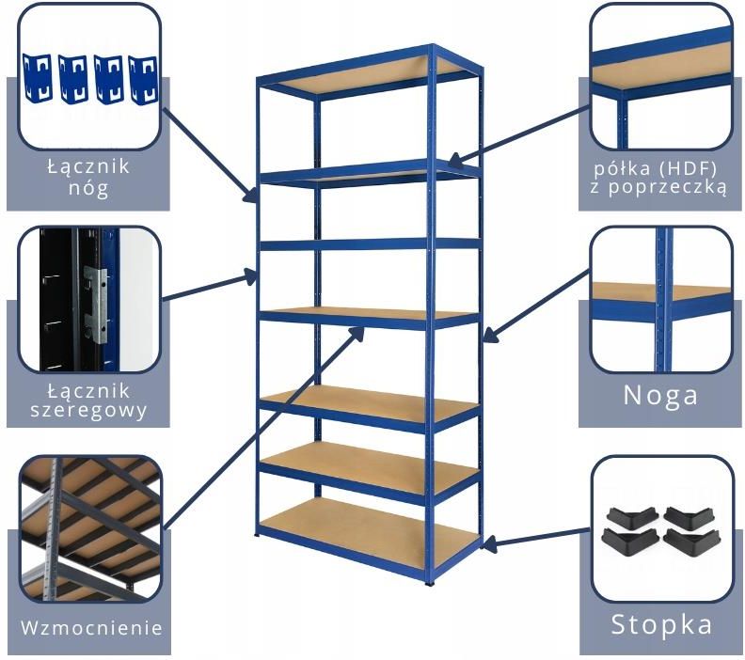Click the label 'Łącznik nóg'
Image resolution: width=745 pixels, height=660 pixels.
click(89, 178)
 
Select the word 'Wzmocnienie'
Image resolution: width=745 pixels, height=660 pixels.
click(91, 627)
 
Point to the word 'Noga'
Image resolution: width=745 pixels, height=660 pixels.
click(661, 395)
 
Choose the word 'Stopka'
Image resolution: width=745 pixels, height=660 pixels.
click(661, 624)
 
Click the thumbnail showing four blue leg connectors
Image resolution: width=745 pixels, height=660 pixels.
click(89, 78)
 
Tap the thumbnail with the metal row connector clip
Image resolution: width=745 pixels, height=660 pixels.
click(89, 300)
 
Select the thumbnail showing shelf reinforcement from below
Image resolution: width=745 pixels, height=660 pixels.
click(89, 529)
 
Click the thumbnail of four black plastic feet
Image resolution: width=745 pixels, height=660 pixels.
click(661, 529)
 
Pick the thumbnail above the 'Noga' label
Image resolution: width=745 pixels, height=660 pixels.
click(661, 300)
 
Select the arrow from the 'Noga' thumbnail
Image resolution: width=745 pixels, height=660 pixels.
click(536, 307)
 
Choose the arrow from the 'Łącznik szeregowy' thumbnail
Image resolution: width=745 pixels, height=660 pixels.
click(211, 287)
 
